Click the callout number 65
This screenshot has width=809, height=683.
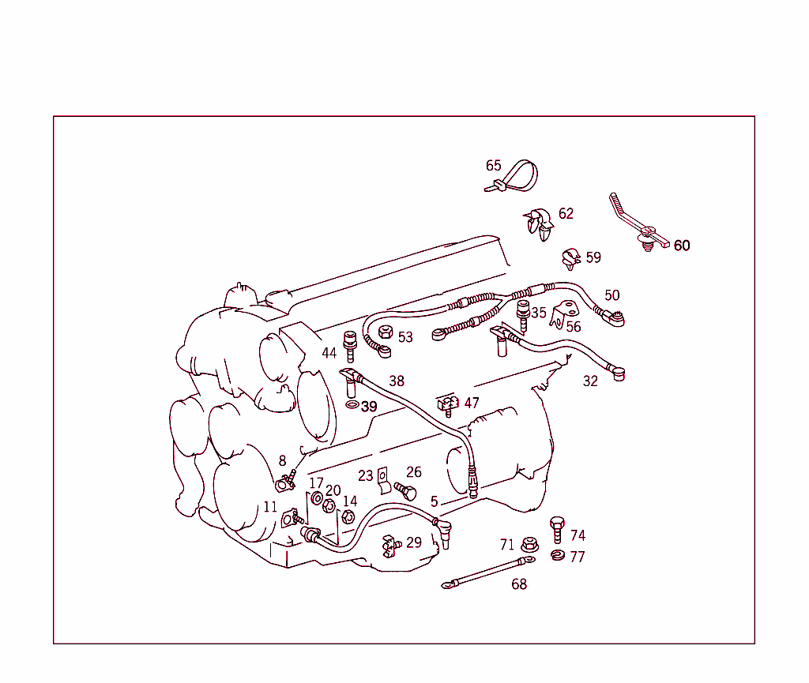tap(493, 166)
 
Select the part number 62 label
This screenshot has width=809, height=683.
tap(566, 214)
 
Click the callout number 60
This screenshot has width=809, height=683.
tap(681, 246)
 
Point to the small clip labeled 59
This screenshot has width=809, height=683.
tap(570, 257)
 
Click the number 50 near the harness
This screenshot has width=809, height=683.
tap(611, 295)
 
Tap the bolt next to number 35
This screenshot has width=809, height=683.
tap(521, 314)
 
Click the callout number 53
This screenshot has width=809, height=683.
tap(405, 337)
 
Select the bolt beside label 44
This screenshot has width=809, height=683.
tap(350, 345)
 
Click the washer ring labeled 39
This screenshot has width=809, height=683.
tap(351, 406)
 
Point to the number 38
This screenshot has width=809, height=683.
tap(396, 381)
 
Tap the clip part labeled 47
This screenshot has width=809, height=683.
tap(448, 405)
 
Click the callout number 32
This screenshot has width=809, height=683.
tap(590, 381)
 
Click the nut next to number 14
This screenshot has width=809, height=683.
tap(347, 517)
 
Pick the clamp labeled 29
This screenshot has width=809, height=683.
tap(389, 543)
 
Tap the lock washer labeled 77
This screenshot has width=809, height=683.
tap(556, 557)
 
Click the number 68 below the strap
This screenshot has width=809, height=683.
tap(519, 584)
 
